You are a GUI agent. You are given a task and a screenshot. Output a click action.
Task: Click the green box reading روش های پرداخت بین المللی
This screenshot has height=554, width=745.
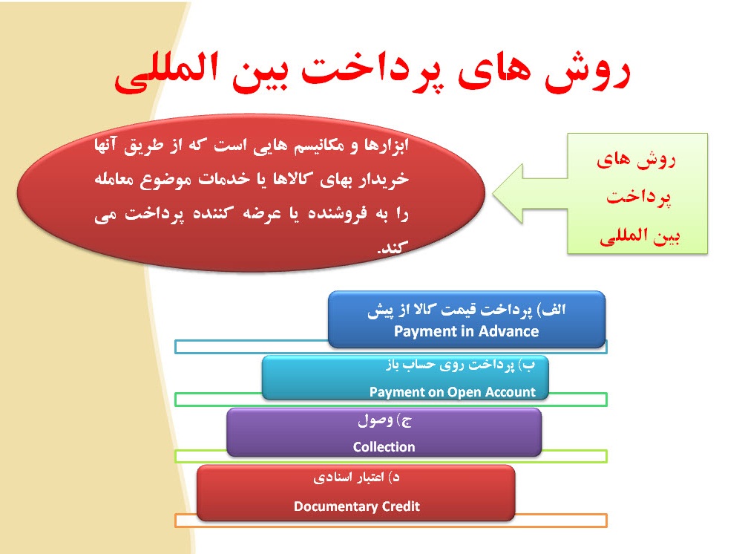click(637, 194)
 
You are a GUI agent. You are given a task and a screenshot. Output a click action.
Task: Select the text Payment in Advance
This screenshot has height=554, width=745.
click(466, 331)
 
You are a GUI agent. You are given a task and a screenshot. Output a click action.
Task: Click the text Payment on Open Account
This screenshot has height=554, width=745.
click(452, 391)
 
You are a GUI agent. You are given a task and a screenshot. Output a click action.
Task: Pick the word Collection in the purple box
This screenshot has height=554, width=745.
click(384, 446)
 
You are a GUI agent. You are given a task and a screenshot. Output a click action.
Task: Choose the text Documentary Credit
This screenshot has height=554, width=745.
click(357, 506)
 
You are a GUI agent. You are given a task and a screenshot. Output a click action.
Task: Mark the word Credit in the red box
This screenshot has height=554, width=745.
click(401, 506)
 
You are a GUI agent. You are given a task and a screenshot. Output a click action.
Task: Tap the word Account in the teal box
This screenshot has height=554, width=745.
click(509, 391)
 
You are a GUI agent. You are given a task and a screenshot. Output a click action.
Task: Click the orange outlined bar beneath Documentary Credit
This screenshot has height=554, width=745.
click(561, 521)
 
